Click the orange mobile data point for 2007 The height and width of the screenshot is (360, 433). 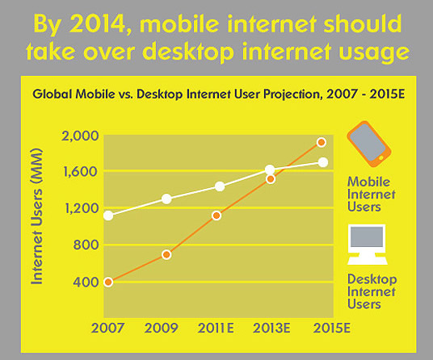[108, 282]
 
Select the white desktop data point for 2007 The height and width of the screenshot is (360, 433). [108, 216]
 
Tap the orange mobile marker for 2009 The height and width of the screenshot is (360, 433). [166, 254]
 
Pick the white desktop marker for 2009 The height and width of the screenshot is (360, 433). [166, 199]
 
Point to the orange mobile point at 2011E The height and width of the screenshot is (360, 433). [216, 216]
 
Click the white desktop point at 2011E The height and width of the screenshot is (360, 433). [220, 186]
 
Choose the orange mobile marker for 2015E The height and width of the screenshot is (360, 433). [322, 142]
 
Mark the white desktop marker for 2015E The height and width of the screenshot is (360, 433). [323, 162]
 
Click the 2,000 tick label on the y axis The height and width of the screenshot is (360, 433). [80, 136]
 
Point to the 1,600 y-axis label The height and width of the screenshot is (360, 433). [81, 172]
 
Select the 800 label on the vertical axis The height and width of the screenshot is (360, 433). [86, 245]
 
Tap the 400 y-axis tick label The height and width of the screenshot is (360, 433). [86, 282]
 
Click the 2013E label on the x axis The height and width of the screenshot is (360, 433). [271, 328]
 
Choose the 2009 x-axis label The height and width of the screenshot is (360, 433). [162, 328]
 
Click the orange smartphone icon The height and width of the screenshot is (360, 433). [369, 144]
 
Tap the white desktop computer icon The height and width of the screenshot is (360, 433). [368, 245]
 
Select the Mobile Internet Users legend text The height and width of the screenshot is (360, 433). [371, 195]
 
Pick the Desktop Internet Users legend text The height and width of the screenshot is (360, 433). [372, 291]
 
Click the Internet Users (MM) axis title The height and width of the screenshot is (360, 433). [37, 216]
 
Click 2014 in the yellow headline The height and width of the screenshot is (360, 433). [97, 23]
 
